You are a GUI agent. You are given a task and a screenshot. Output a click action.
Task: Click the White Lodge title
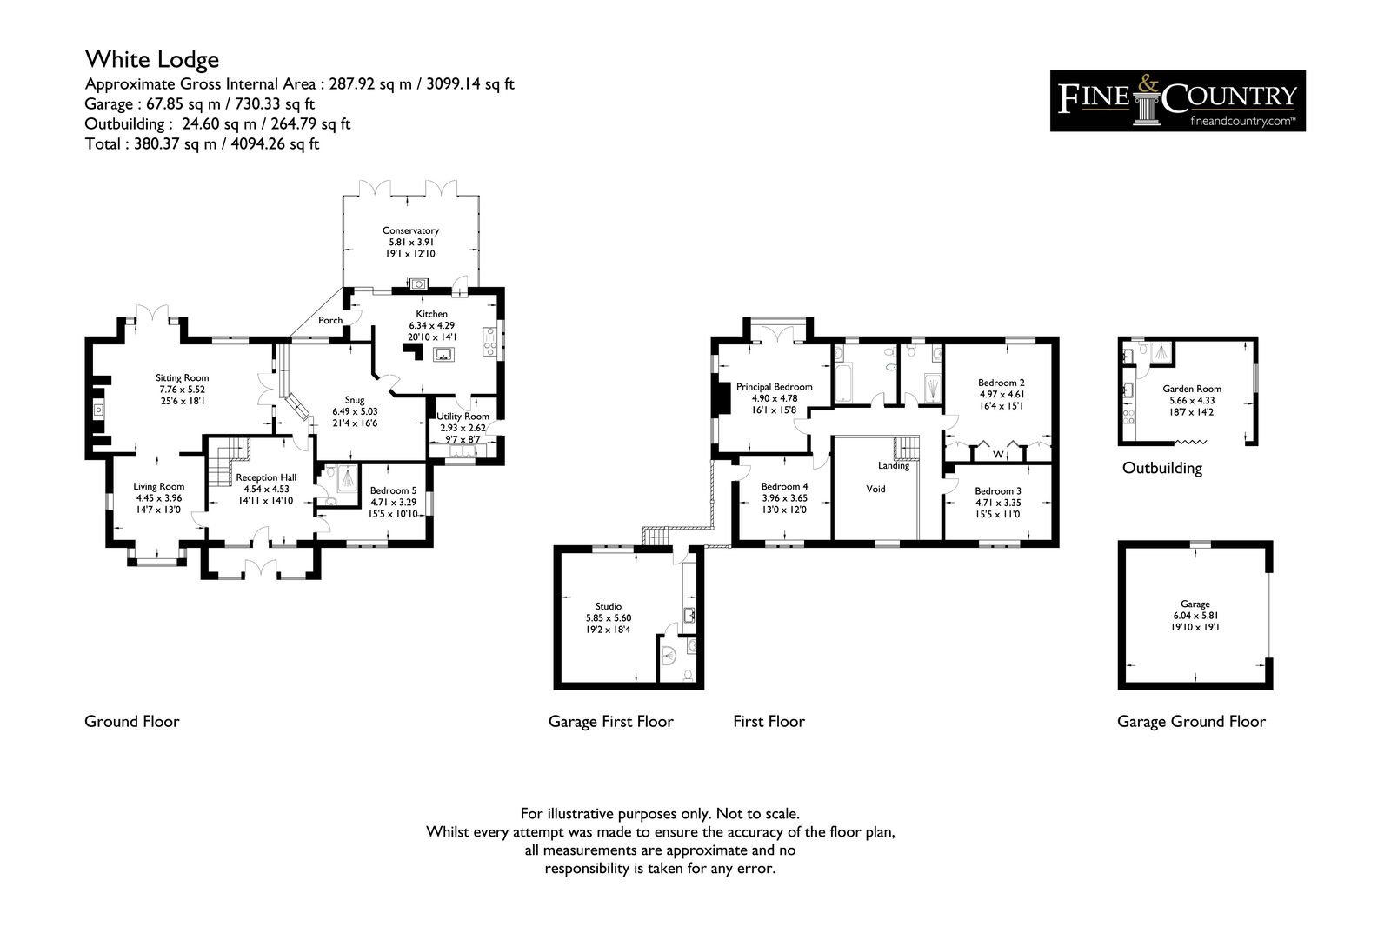tap(152, 60)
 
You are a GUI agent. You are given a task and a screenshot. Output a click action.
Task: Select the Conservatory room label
tap(410, 230)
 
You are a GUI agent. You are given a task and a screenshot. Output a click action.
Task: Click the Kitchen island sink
tap(443, 354)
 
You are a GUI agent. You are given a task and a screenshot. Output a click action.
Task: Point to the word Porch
tap(330, 320)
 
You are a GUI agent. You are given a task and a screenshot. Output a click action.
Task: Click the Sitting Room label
tap(182, 377)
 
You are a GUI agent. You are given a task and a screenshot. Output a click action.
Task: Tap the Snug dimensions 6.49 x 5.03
tap(355, 412)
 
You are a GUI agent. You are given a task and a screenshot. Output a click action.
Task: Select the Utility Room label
tap(463, 417)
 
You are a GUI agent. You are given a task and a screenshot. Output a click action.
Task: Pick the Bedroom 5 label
tap(393, 490)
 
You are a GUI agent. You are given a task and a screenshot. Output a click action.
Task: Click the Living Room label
tap(158, 486)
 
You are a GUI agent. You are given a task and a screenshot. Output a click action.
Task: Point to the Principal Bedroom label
tap(774, 387)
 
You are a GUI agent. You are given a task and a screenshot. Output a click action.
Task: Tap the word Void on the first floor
tap(875, 489)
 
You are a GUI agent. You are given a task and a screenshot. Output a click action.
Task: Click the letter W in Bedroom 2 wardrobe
tap(998, 454)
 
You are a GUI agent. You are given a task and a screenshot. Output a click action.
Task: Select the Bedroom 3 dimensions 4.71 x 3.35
tap(998, 503)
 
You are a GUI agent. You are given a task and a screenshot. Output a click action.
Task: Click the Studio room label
tap(608, 606)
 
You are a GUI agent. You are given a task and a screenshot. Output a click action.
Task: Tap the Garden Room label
tap(1192, 389)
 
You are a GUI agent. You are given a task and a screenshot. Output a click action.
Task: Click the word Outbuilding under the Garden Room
tap(1161, 468)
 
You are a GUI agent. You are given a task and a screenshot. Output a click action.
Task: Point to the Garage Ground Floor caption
tap(1191, 722)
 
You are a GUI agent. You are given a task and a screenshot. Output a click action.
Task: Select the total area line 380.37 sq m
tap(202, 144)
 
